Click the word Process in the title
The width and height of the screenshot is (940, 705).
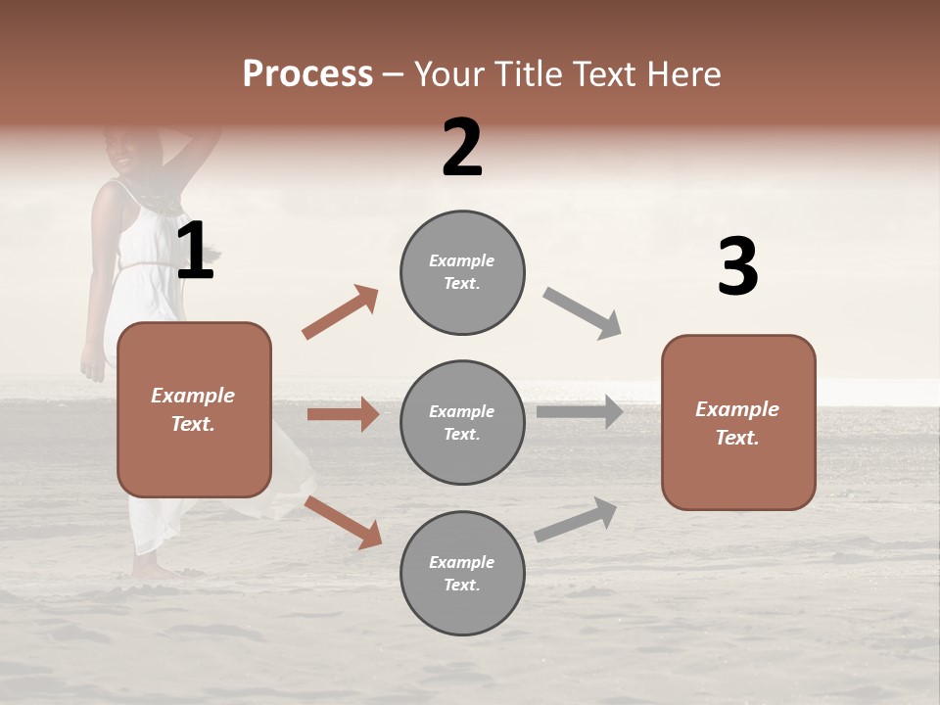click(307, 74)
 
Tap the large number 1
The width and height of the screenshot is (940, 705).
click(196, 252)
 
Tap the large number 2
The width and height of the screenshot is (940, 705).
click(462, 148)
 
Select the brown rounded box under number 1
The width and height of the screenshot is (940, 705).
click(194, 409)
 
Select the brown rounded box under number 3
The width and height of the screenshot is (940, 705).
click(738, 422)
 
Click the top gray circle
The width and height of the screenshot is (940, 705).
click(462, 272)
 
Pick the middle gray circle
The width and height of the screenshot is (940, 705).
click(462, 422)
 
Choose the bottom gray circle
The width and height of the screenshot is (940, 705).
click(462, 573)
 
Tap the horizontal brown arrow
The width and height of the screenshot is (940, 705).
click(343, 414)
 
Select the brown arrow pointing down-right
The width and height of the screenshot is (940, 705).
click(343, 522)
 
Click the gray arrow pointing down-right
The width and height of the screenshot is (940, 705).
click(583, 313)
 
